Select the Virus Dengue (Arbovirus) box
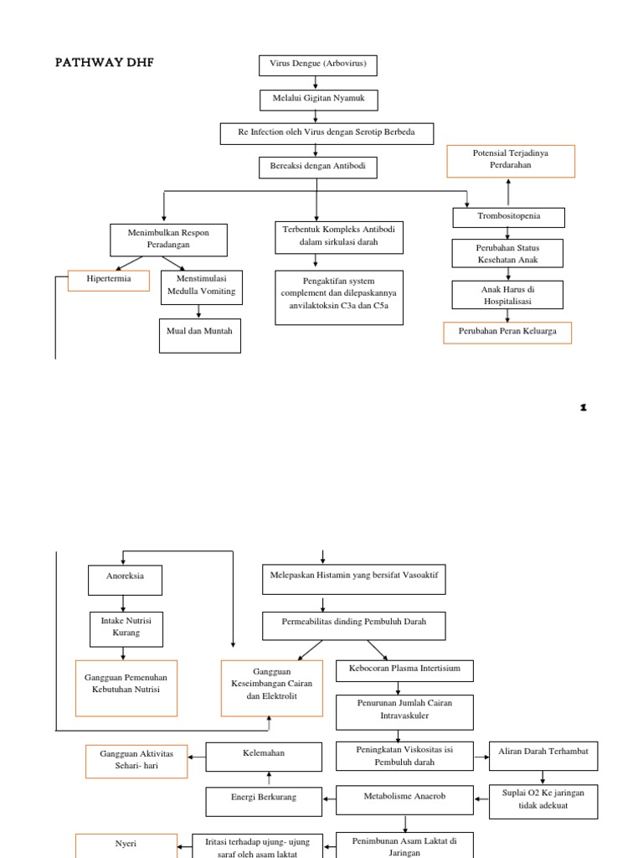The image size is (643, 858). click(x=317, y=65)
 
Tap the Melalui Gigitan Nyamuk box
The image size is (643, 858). click(x=317, y=100)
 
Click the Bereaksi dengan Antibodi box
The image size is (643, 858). click(x=317, y=168)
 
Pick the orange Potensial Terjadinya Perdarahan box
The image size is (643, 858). click(x=511, y=161)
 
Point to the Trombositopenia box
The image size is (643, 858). click(x=508, y=217)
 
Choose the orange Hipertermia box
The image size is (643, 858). click(x=108, y=280)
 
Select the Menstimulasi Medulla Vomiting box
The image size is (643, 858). click(x=201, y=286)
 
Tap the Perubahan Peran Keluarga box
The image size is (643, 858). click(x=507, y=333)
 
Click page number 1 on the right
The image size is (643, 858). click(x=584, y=408)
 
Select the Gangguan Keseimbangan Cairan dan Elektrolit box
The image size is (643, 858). click(x=272, y=688)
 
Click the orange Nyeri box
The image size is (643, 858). click(x=126, y=845)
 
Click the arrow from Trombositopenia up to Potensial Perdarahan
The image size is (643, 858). click(x=508, y=192)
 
